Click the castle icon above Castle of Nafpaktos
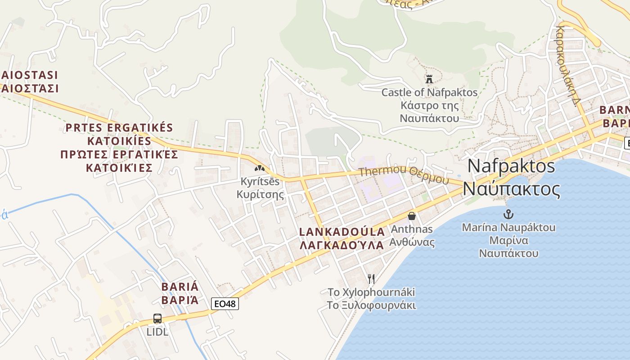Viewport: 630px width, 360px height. [429, 79]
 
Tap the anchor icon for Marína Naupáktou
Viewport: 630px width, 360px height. [508, 214]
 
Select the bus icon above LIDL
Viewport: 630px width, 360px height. [157, 319]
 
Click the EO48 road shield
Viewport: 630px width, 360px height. [225, 304]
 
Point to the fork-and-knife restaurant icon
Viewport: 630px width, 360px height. [371, 279]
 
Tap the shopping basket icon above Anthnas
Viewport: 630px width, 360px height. [411, 216]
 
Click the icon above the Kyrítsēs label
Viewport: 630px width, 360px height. [260, 168]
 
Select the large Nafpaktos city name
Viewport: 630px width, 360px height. [511, 166]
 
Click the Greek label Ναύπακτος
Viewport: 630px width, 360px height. [511, 189]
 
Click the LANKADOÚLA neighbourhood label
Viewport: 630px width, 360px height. [342, 232]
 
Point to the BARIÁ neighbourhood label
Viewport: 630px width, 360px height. [180, 287]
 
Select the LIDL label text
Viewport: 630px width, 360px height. [157, 332]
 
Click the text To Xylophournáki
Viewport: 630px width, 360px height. [371, 292]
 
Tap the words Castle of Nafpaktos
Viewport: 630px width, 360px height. [429, 93]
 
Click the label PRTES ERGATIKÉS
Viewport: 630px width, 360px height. [119, 127]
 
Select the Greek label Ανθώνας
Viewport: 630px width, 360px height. [412, 243]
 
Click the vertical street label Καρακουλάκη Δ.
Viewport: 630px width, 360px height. [566, 65]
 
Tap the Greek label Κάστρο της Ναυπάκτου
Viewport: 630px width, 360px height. [429, 112]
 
